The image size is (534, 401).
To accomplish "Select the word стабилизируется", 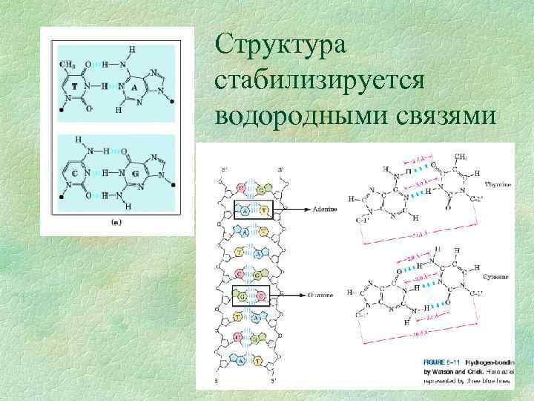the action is coord(319,81).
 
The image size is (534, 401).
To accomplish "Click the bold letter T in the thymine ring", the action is coord(75,87).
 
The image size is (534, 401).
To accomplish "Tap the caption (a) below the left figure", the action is coord(116,222).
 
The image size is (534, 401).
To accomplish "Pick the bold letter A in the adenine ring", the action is coord(134,87).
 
